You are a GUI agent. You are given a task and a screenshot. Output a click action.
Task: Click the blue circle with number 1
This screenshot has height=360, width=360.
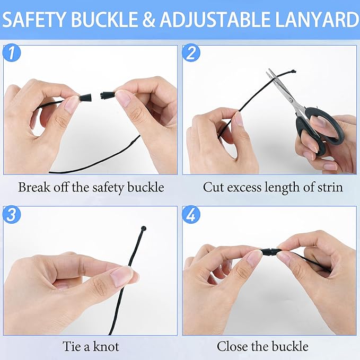tap(12, 52)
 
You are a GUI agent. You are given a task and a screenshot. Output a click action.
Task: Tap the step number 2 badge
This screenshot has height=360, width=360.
tap(191, 52)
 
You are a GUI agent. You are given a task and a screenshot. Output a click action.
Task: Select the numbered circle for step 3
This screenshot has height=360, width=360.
tap(12, 214)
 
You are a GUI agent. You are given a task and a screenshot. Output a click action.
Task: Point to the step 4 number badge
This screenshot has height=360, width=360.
tap(191, 214)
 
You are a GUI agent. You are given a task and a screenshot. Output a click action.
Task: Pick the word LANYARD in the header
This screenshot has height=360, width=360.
tap(317, 20)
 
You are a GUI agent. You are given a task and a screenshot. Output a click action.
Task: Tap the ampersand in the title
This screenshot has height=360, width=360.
tap(149, 20)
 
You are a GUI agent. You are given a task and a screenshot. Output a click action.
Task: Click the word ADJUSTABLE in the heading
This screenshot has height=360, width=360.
tap(215, 20)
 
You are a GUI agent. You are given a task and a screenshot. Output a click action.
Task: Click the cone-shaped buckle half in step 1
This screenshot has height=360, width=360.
tap(86, 98)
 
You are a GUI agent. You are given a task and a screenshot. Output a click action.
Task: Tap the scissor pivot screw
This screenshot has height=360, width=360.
tap(291, 100)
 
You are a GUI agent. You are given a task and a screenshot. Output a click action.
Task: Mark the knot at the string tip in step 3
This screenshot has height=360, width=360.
tap(144, 229)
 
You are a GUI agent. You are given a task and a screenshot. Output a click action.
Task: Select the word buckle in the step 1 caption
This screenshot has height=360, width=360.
tap(146, 187)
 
